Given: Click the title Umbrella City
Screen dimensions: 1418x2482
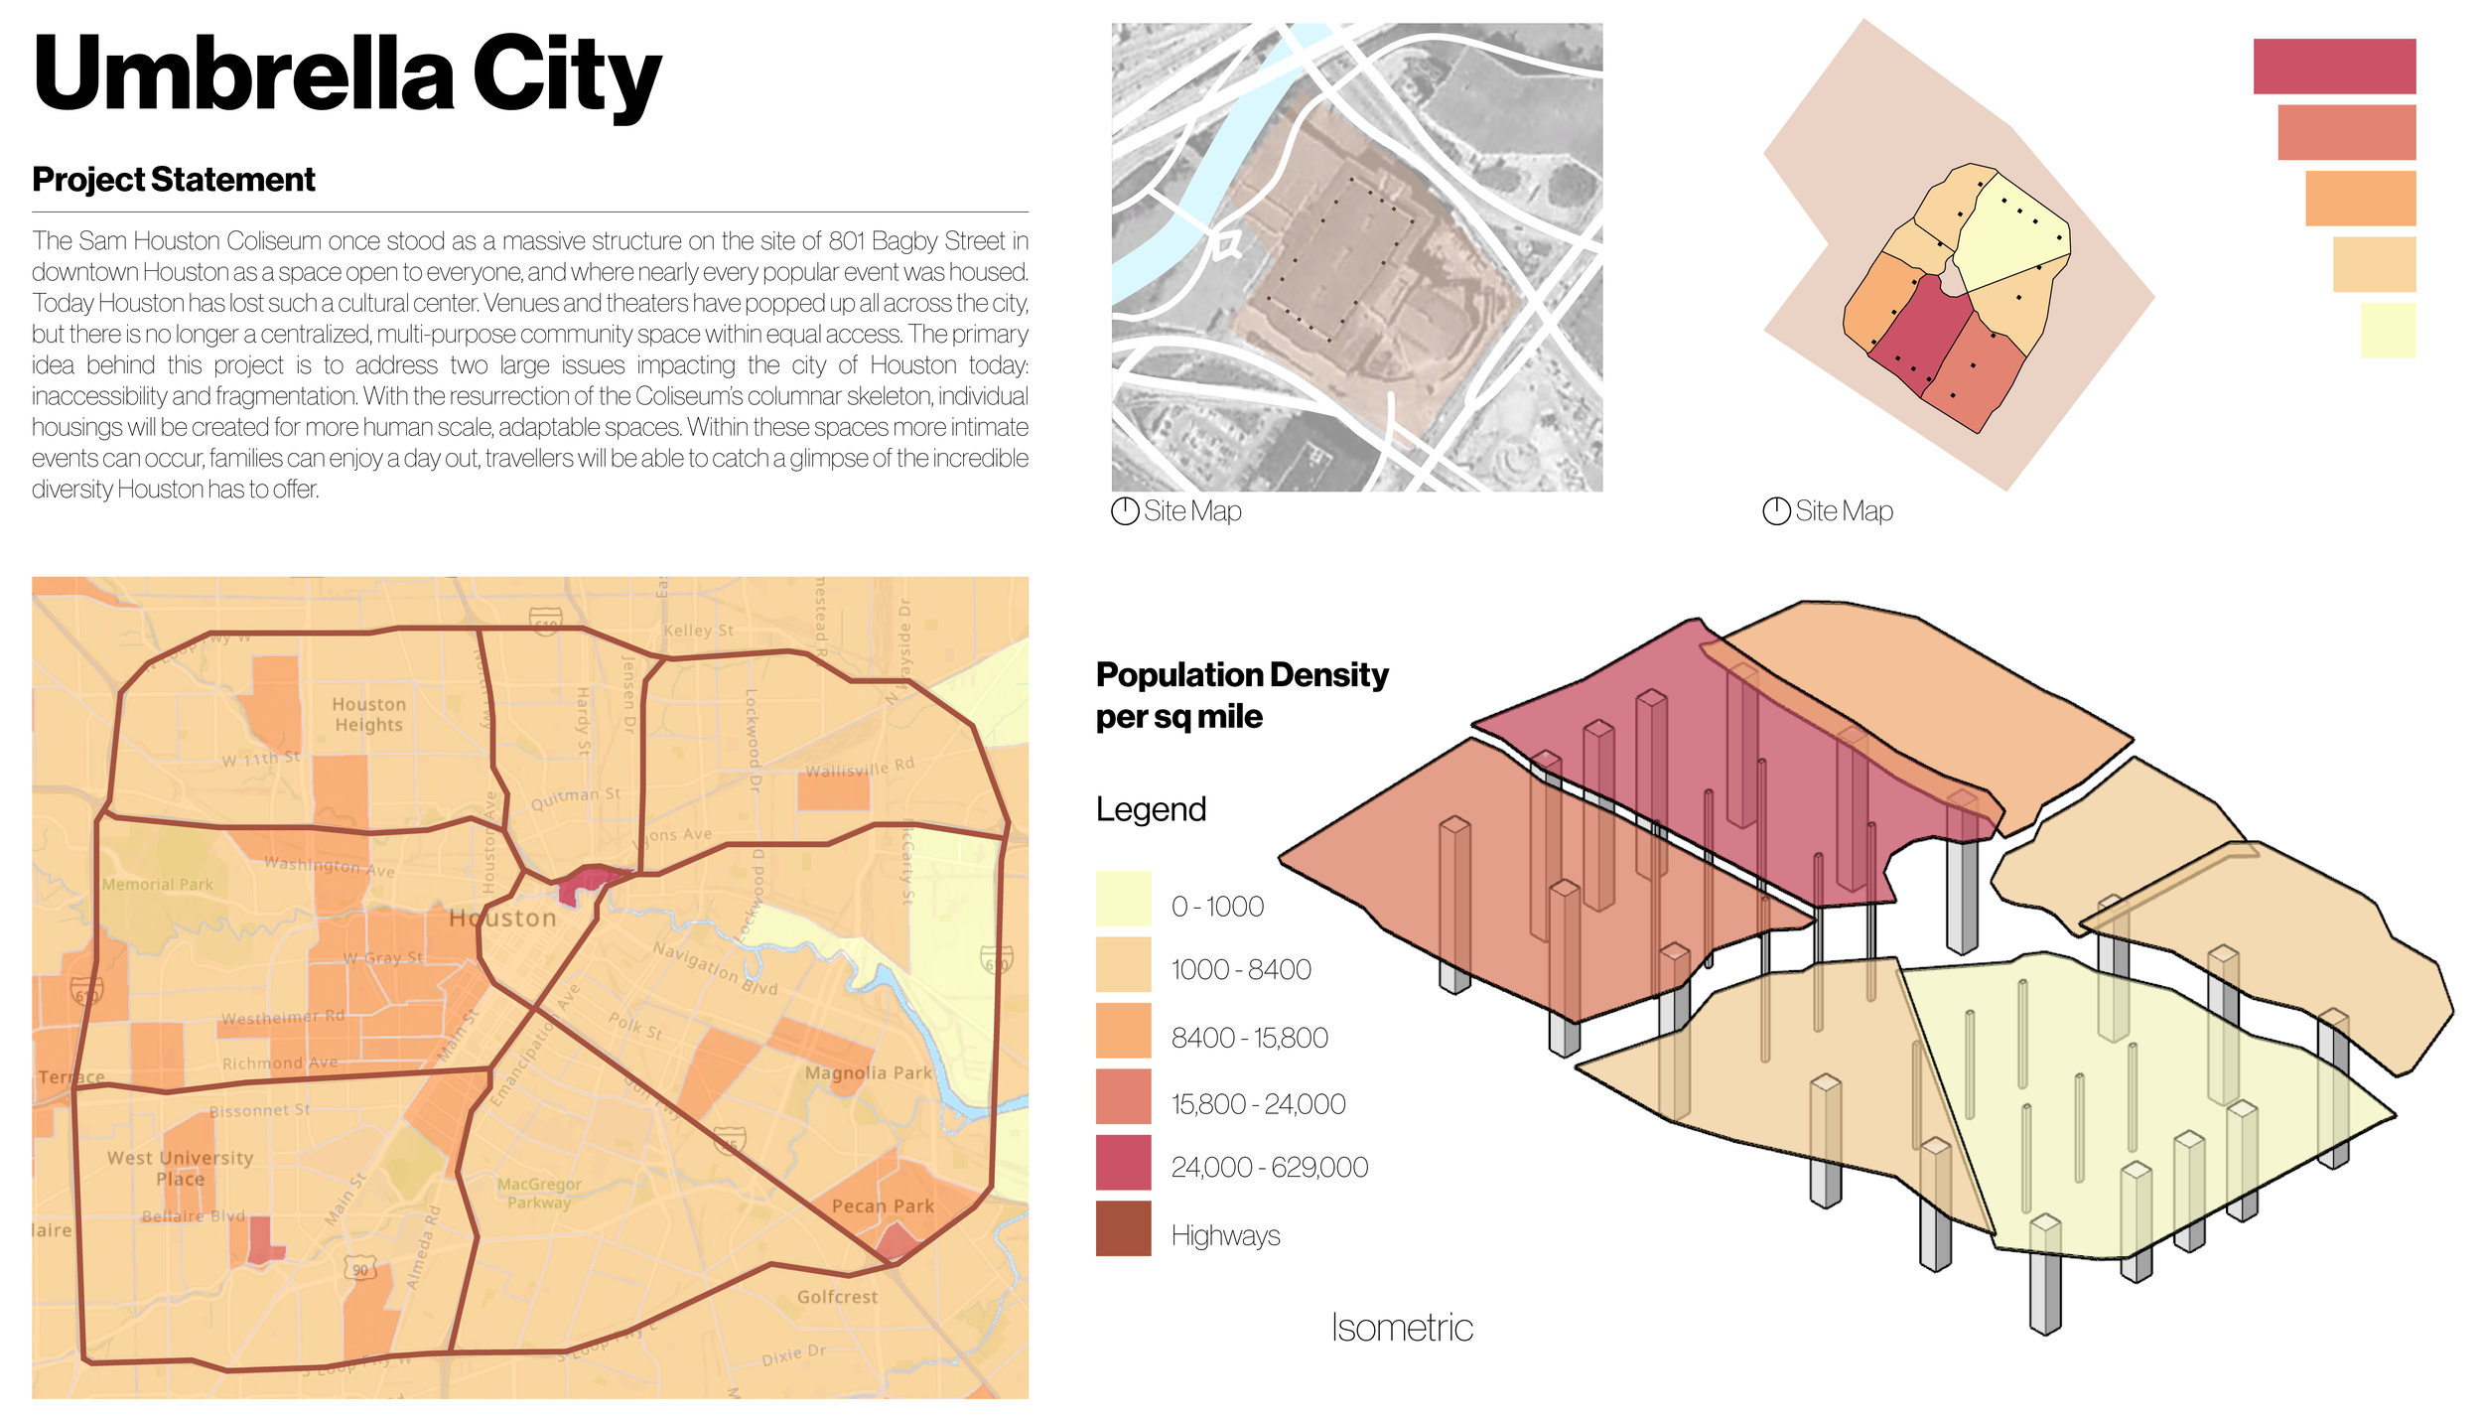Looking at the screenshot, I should point(346,74).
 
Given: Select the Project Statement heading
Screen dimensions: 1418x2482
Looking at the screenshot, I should point(174,180).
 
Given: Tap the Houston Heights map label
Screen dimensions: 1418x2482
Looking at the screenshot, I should point(368,714).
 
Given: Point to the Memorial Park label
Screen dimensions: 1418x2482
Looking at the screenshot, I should point(158,884).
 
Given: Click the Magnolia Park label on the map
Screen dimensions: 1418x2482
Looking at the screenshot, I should point(868,1072).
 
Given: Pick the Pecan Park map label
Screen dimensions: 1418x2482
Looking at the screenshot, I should point(883,1205).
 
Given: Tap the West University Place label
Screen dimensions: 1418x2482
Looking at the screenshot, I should point(180,1168).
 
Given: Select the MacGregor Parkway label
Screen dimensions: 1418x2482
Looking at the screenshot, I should point(539,1193).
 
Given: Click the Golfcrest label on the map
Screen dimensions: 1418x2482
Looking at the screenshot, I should point(837,1297).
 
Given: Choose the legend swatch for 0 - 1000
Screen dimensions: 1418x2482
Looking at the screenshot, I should point(1123,898).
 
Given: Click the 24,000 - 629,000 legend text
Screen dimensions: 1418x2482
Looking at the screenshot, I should point(1269,1167).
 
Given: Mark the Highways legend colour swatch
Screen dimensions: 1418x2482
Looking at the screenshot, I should point(1123,1228).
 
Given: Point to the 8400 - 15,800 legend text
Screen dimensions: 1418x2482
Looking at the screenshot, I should point(1249,1038).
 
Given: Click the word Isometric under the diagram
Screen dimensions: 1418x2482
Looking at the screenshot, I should point(1401,1328).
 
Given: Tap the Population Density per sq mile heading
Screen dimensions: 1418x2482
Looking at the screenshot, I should point(1241,695).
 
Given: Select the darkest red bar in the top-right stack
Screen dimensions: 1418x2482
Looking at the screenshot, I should point(2333,67).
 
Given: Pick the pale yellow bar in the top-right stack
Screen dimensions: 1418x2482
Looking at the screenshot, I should point(2387,330).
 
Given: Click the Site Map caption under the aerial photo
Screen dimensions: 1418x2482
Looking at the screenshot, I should point(1191,511).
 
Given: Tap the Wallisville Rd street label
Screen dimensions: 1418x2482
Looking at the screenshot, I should point(859,769).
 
